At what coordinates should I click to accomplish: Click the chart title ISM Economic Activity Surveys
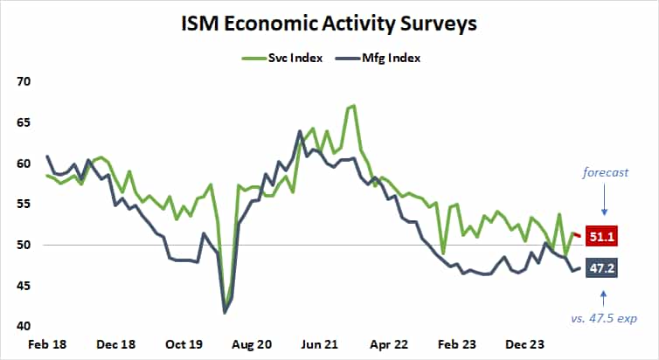click(329, 24)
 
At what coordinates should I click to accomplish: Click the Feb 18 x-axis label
click(46, 345)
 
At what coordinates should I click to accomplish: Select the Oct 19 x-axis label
click(184, 345)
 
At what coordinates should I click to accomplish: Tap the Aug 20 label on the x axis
click(253, 345)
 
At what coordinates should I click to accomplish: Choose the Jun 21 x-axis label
click(320, 345)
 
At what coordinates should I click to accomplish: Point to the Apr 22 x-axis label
click(388, 345)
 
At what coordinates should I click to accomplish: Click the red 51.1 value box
click(603, 238)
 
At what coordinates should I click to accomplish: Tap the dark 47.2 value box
click(603, 268)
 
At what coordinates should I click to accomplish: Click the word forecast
click(606, 172)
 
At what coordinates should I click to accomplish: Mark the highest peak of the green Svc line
click(352, 106)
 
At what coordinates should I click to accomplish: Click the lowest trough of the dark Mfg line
click(225, 312)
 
